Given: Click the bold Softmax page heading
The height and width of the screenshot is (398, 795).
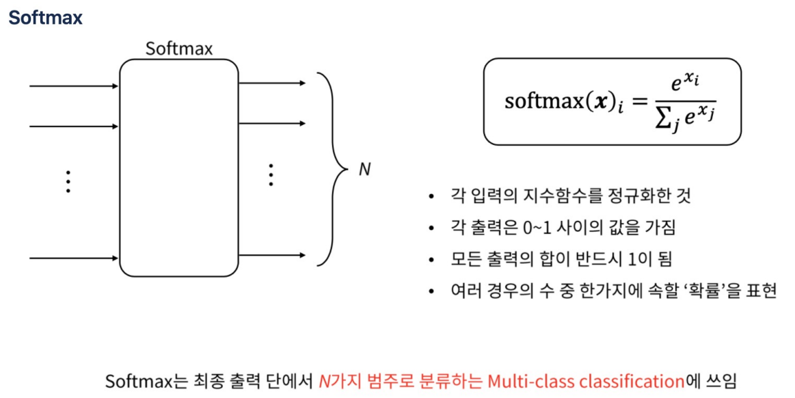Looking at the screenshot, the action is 45,18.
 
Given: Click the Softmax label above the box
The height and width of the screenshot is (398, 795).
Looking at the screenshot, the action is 179,49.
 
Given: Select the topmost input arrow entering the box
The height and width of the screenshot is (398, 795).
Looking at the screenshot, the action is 74,86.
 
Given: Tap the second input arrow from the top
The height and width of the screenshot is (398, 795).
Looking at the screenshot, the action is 74,127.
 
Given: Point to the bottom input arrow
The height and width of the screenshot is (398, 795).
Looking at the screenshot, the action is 74,258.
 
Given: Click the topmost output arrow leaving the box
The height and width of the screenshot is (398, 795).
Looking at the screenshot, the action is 272,83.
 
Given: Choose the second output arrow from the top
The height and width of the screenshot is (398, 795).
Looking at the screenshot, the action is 272,124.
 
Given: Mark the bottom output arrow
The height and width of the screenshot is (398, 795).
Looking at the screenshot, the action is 272,256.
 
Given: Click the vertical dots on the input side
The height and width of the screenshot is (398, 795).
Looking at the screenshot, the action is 68,182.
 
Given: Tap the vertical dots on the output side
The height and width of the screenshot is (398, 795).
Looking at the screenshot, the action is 271,175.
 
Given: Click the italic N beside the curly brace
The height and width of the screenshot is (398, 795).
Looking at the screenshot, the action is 364,170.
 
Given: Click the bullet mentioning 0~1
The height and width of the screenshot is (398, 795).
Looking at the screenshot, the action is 563,228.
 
